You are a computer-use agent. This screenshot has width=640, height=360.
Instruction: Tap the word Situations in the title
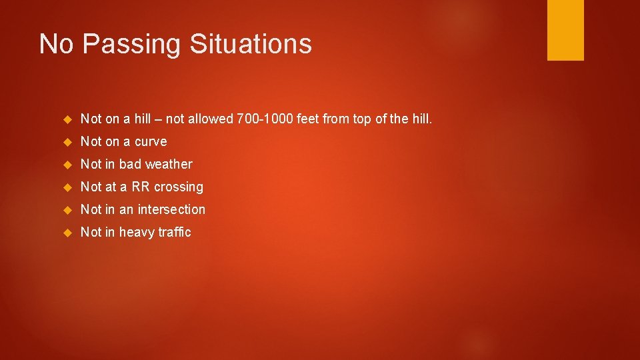pyautogui.click(x=251, y=44)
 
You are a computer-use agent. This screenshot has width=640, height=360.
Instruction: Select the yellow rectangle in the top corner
pyautogui.click(x=565, y=30)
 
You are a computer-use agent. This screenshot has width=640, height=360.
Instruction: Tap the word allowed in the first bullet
pyautogui.click(x=209, y=119)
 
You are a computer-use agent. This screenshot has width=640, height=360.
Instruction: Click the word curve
pyautogui.click(x=151, y=142)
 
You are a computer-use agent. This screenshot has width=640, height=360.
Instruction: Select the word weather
pyautogui.click(x=169, y=164)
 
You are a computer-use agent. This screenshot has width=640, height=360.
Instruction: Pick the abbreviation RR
pyautogui.click(x=141, y=187)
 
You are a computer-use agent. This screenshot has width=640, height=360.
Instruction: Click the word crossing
pyautogui.click(x=178, y=187)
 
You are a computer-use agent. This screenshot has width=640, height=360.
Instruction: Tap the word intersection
pyautogui.click(x=171, y=209)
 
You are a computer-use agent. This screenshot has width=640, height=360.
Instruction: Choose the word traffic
pyautogui.click(x=175, y=232)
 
